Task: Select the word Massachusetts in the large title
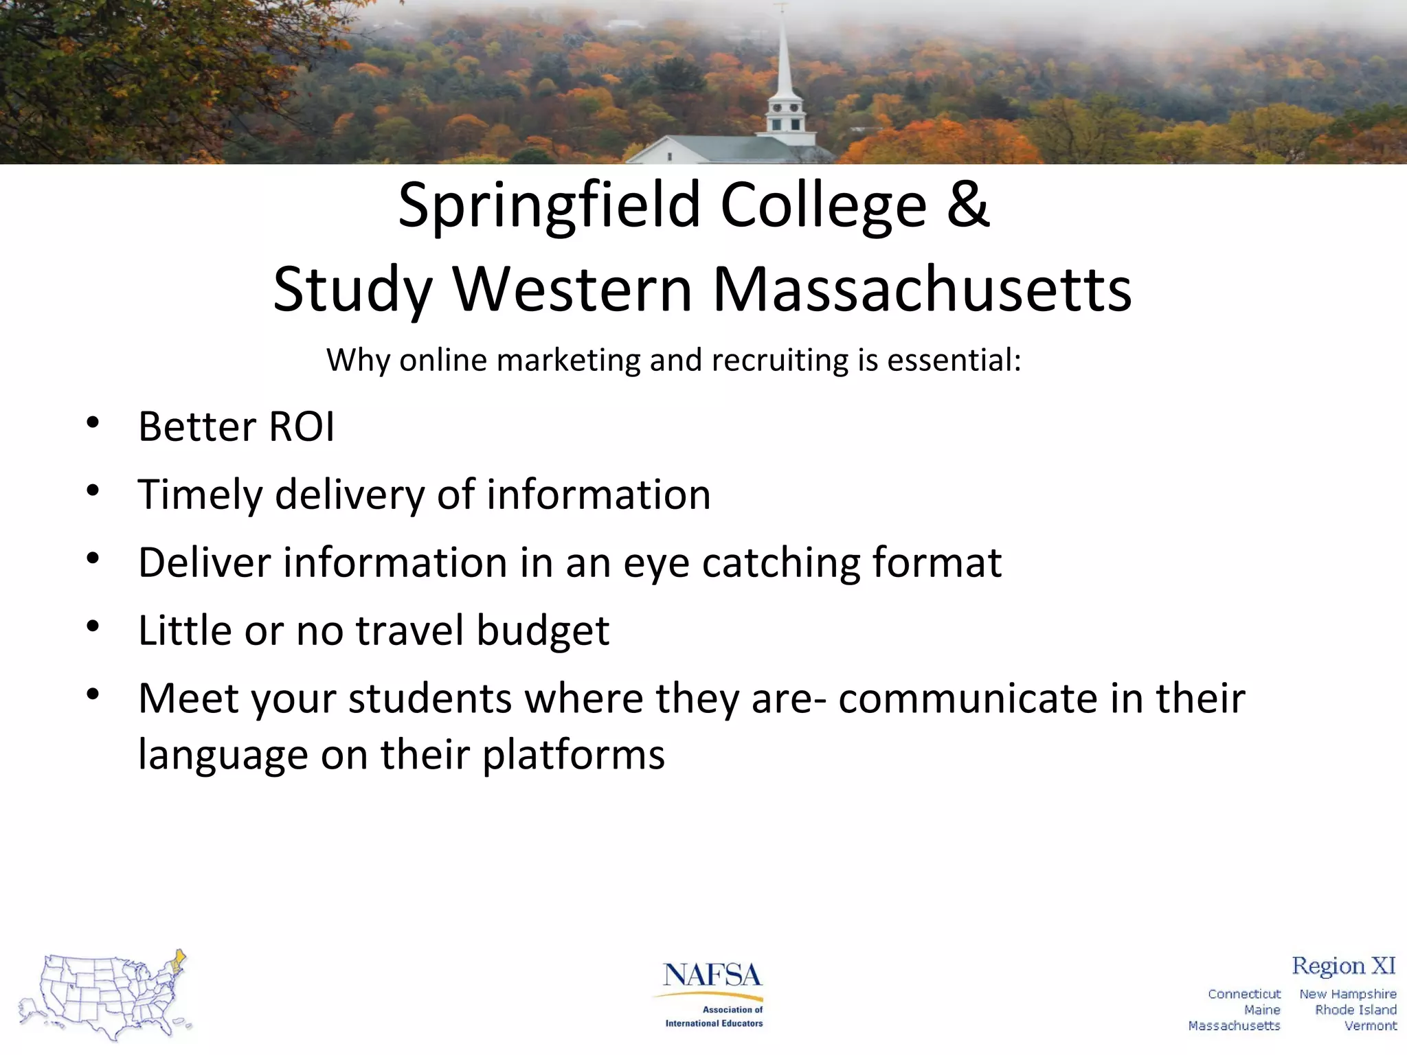coord(922,290)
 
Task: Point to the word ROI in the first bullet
coord(302,427)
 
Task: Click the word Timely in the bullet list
coord(200,495)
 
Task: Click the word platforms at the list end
coord(574,755)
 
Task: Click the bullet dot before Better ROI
coord(93,422)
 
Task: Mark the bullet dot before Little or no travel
coord(93,626)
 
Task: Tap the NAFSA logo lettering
coord(712,975)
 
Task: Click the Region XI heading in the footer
coord(1343,966)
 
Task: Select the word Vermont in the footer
coord(1370,1025)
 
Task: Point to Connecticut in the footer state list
coord(1244,994)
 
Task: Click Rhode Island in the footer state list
coord(1355,1010)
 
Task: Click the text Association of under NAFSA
coord(732,1010)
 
